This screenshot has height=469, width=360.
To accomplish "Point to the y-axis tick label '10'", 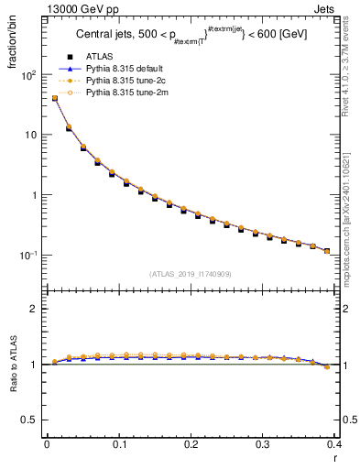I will (x=29, y=136).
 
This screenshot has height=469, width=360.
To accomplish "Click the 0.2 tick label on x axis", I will (x=191, y=444).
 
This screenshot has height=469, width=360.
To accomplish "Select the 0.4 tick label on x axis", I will (x=334, y=444).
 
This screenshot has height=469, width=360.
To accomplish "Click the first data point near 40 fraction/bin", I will (x=54, y=98).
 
